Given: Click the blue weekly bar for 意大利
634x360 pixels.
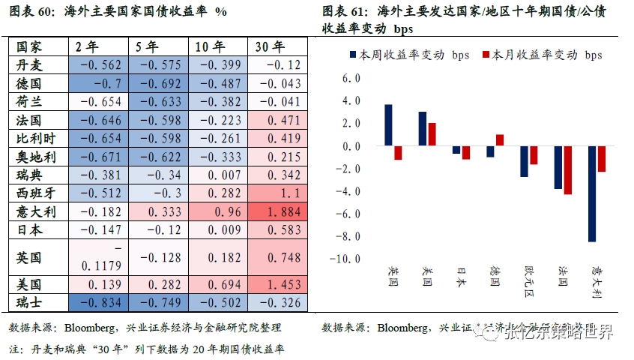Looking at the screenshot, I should pyautogui.click(x=592, y=194).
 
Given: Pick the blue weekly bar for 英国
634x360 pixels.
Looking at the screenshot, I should pyautogui.click(x=388, y=125).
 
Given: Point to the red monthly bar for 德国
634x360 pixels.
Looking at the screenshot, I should pyautogui.click(x=500, y=140).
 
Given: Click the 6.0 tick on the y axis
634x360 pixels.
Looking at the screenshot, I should pyautogui.click(x=351, y=78).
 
